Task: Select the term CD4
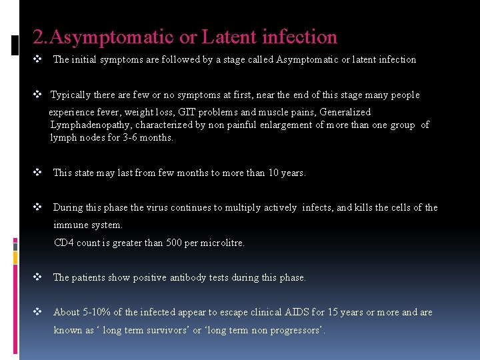click(x=64, y=243)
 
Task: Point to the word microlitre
click(x=223, y=243)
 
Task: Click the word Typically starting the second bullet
click(x=73, y=95)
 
